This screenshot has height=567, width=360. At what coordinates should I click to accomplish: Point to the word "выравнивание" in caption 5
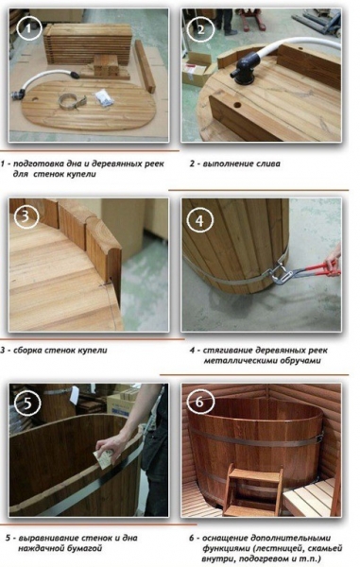56,538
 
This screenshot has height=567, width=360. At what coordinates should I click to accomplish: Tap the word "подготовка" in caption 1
47,163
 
